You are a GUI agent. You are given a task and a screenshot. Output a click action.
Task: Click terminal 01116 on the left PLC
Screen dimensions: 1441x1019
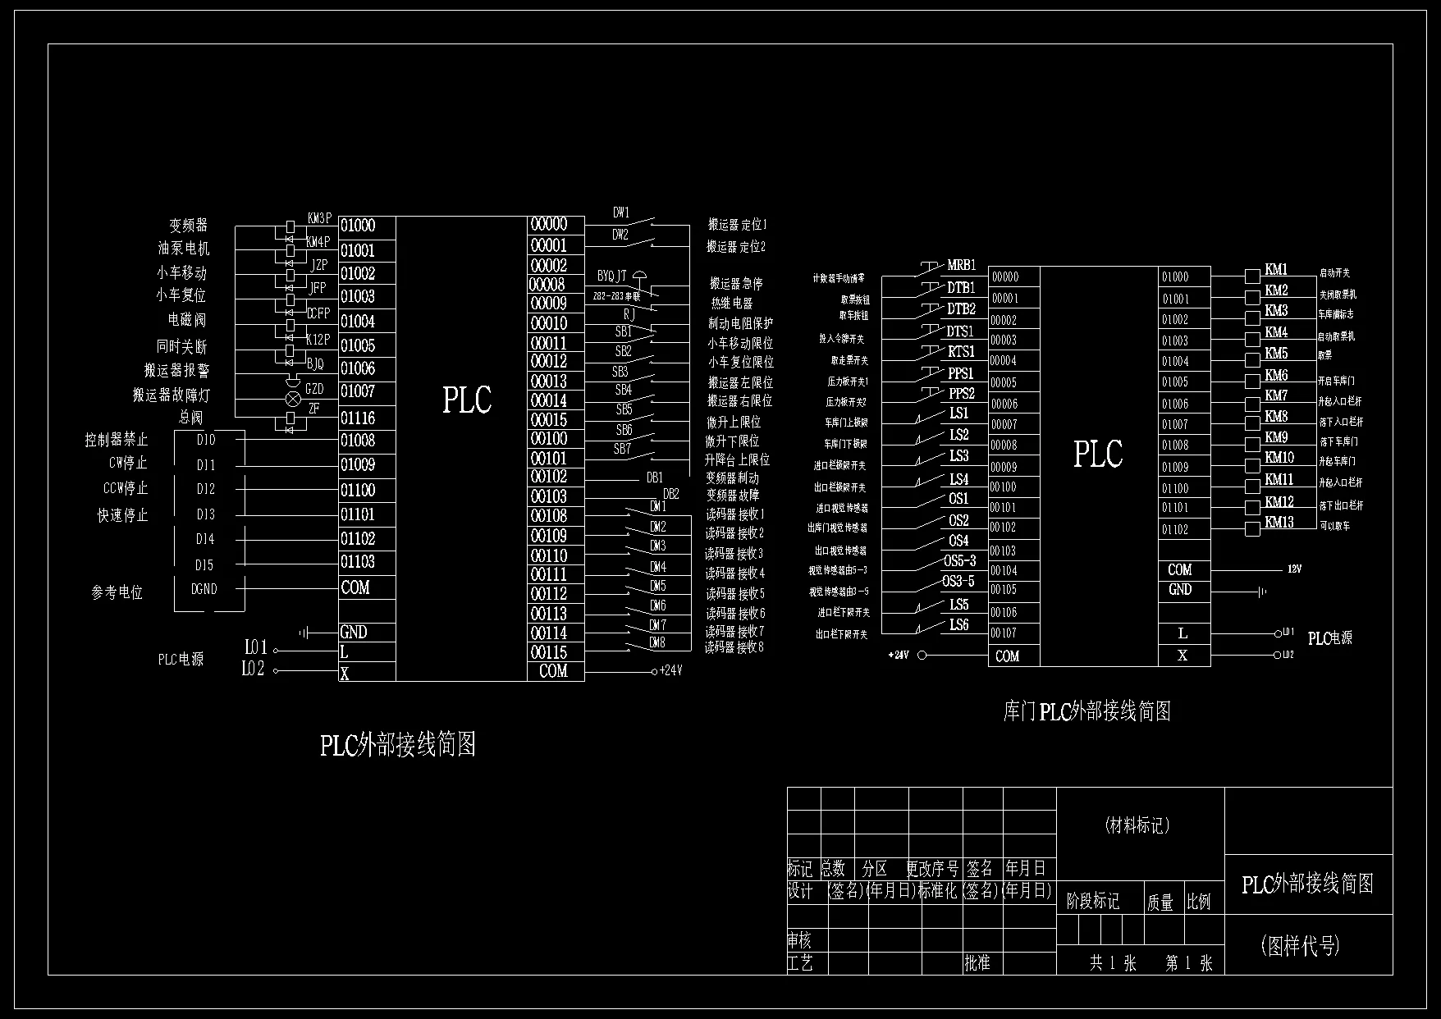[358, 418]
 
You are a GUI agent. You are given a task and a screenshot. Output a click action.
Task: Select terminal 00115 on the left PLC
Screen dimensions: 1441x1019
[549, 652]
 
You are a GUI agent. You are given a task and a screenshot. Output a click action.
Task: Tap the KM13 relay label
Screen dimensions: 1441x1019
[1279, 523]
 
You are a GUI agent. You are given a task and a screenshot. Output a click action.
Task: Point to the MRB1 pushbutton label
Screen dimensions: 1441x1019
[961, 266]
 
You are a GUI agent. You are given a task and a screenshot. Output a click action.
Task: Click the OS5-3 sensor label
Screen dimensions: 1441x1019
[958, 561]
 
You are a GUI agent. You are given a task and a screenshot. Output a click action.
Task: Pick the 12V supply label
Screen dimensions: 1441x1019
[1294, 569]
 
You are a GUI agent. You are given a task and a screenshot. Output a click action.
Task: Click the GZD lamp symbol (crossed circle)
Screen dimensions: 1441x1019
[291, 400]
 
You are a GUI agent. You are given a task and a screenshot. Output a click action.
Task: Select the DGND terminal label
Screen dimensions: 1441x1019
[204, 589]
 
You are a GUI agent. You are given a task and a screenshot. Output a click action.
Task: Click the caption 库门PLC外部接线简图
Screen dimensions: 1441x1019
[1086, 711]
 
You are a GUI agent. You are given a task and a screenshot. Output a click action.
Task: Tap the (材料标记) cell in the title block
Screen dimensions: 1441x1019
[1137, 826]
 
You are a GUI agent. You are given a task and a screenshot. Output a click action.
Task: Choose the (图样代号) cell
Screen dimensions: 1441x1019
[1300, 946]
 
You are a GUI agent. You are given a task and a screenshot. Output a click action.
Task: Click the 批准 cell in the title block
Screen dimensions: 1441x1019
[977, 963]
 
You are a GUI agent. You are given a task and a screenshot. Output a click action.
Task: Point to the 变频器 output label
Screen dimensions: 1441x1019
[188, 225]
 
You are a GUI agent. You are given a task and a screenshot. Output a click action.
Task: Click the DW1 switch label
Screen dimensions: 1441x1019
[621, 213]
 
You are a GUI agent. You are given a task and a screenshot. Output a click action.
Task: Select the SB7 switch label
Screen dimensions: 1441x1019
[622, 450]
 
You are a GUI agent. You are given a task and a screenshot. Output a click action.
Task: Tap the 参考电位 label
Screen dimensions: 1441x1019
[117, 592]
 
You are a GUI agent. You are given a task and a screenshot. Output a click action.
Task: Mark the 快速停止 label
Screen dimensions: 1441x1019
[123, 515]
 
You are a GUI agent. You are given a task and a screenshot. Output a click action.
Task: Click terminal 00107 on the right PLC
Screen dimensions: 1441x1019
[1003, 633]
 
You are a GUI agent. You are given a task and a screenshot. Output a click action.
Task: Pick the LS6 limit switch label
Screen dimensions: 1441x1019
[958, 625]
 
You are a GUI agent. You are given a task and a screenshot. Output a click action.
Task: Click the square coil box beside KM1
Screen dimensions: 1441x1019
[1252, 276]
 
